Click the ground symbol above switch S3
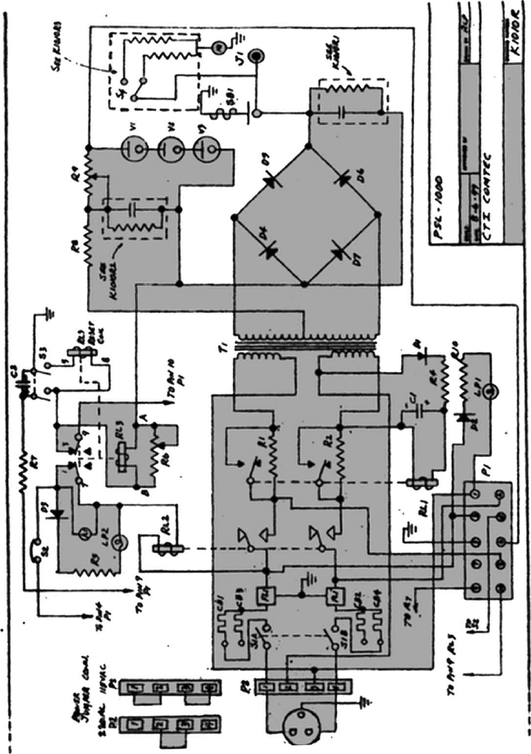pos(48,311)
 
